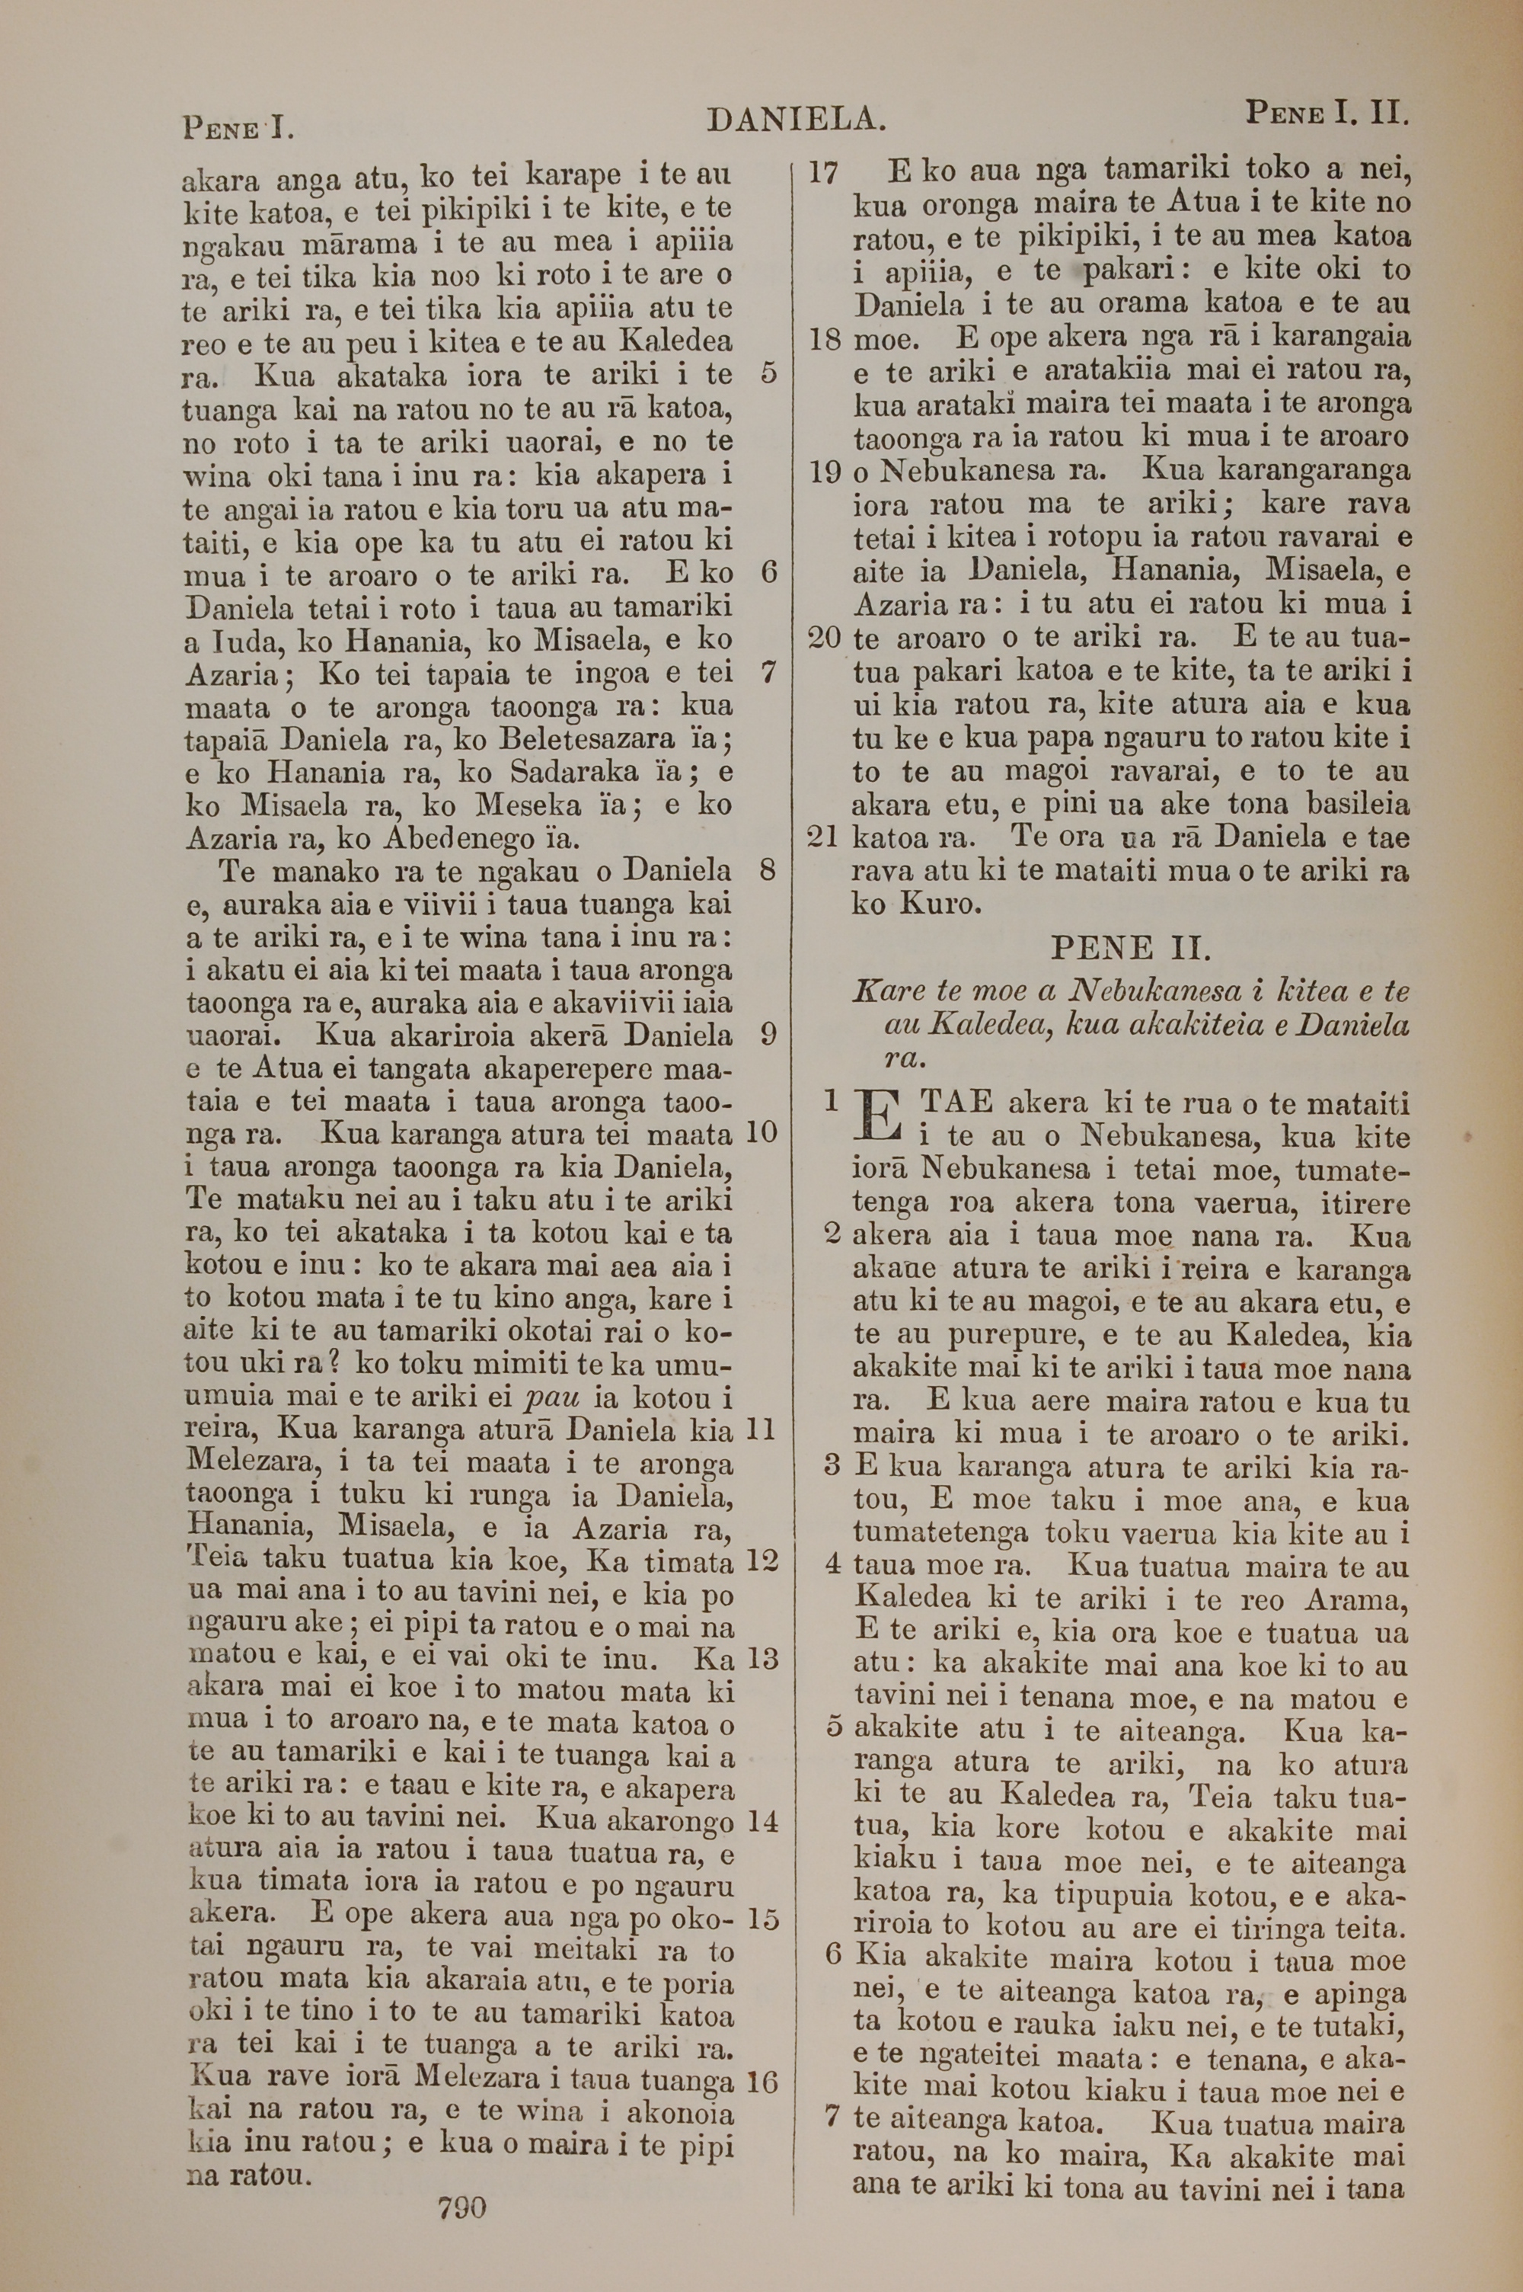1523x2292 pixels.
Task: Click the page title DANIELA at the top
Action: (x=796, y=120)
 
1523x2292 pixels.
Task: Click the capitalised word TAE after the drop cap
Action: (x=956, y=1102)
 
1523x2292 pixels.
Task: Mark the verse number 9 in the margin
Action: (x=768, y=1035)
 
